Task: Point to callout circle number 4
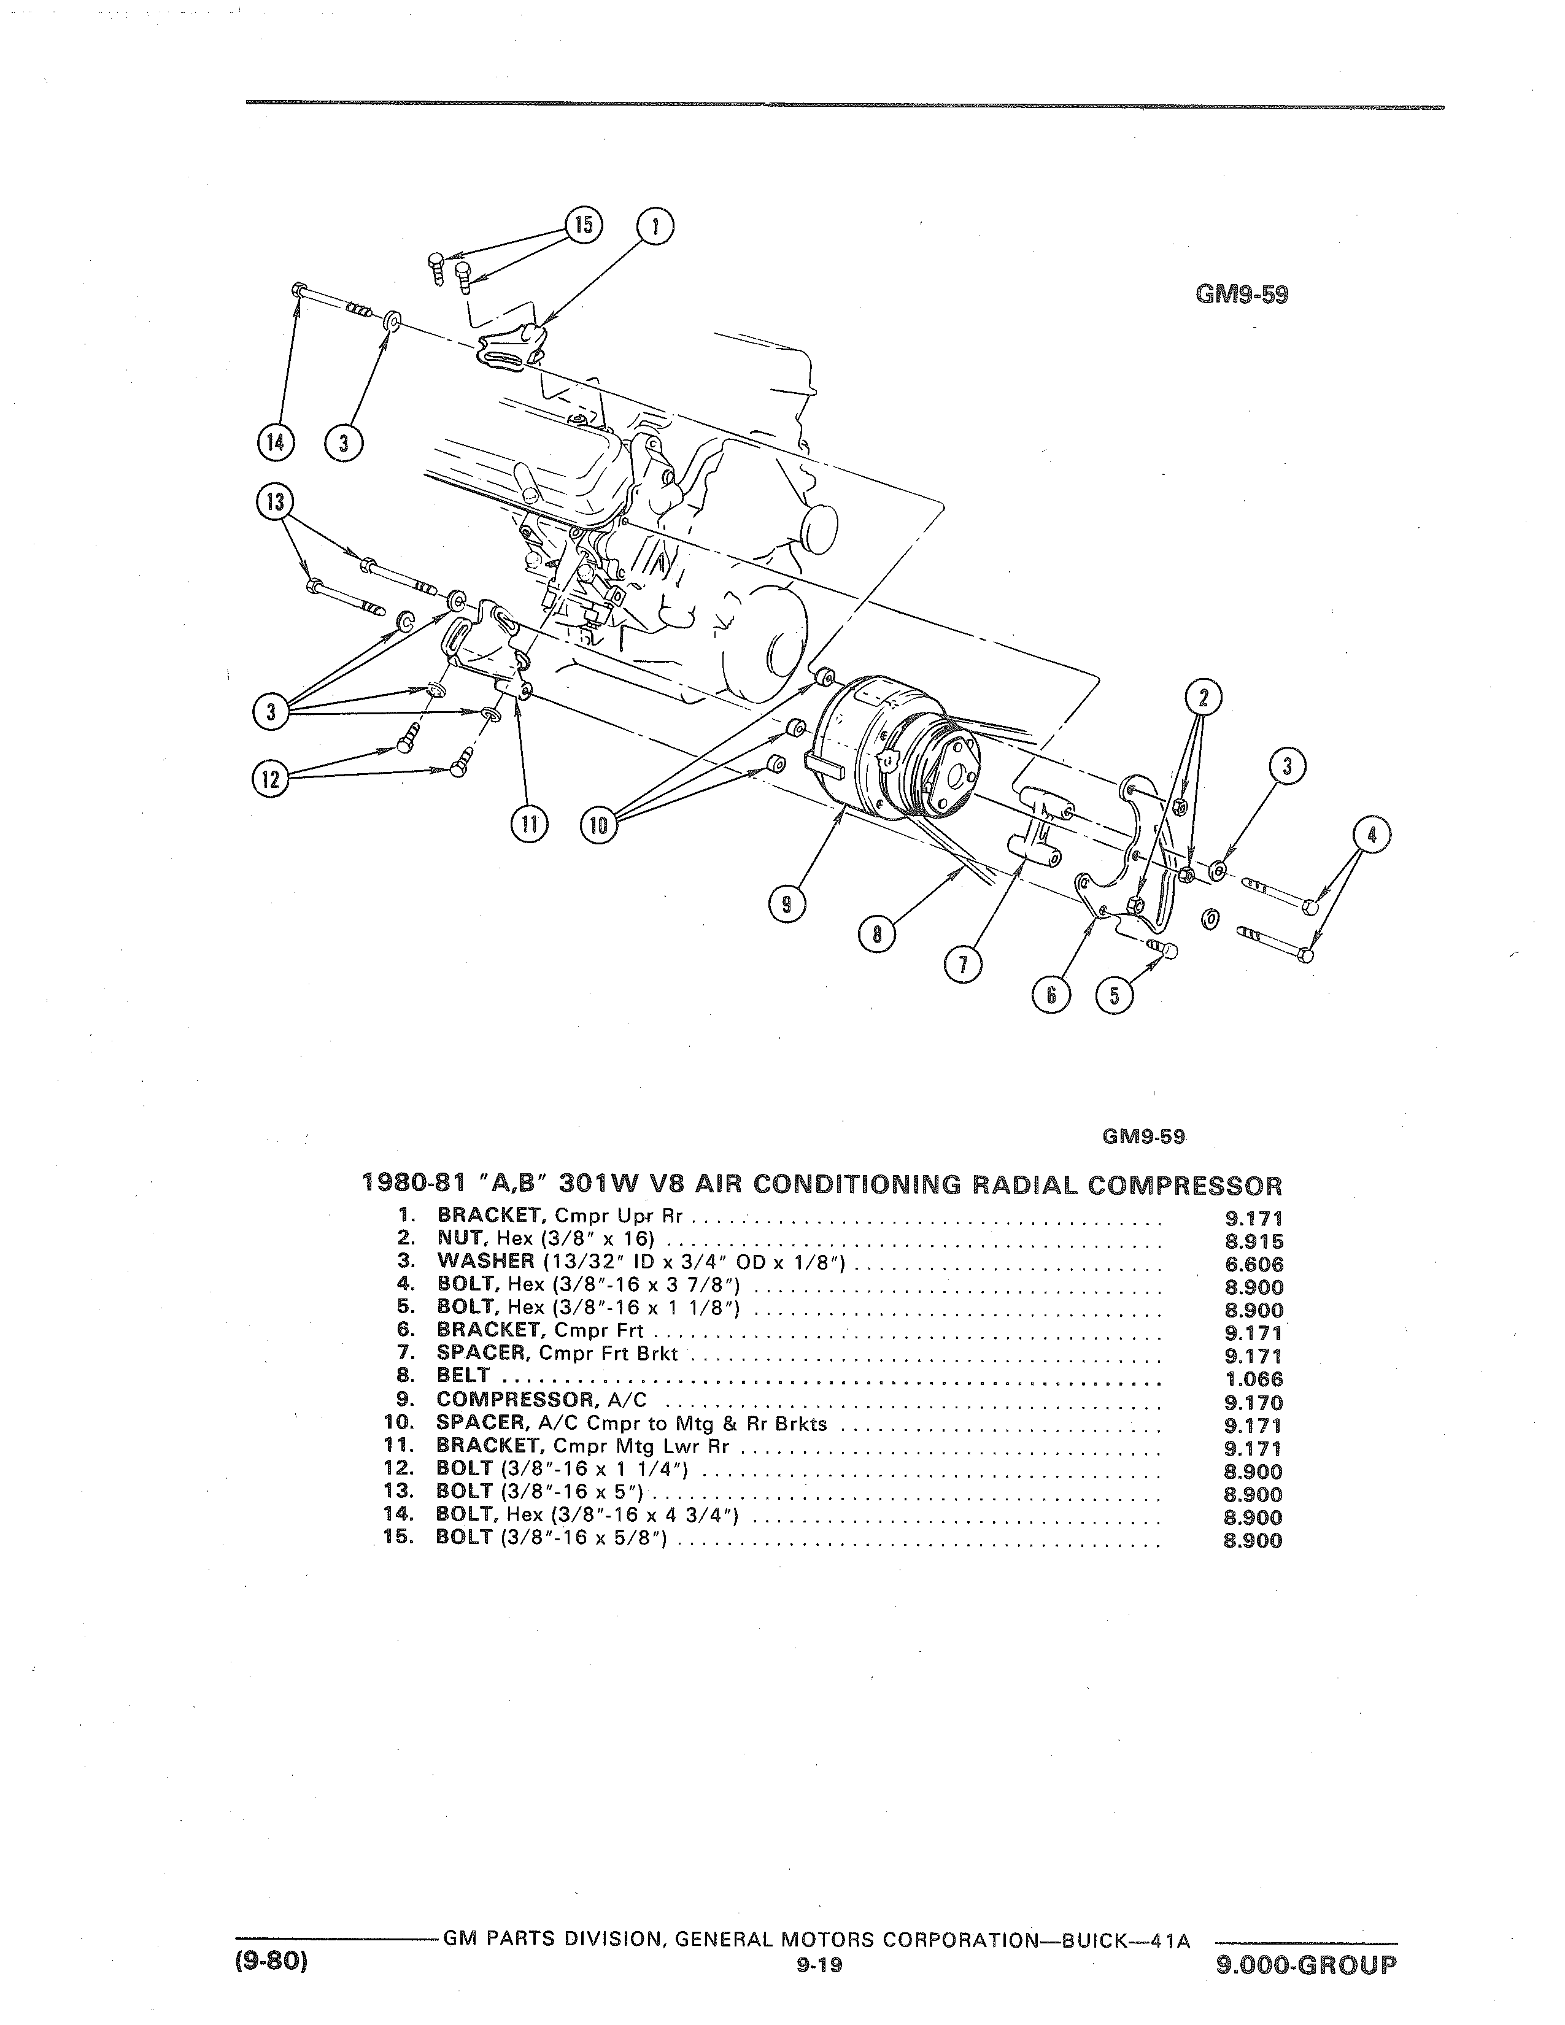pos(1373,835)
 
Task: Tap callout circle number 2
pos(1204,697)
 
